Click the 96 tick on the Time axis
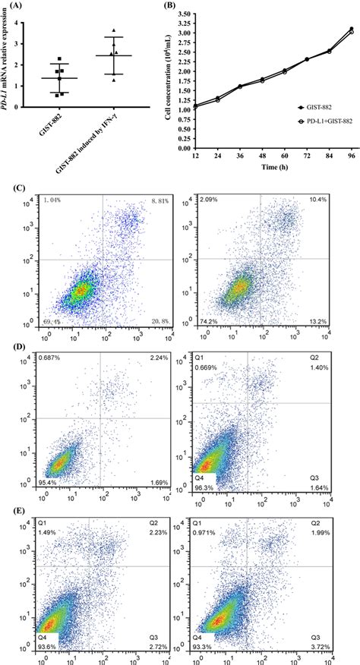pos(352,155)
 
